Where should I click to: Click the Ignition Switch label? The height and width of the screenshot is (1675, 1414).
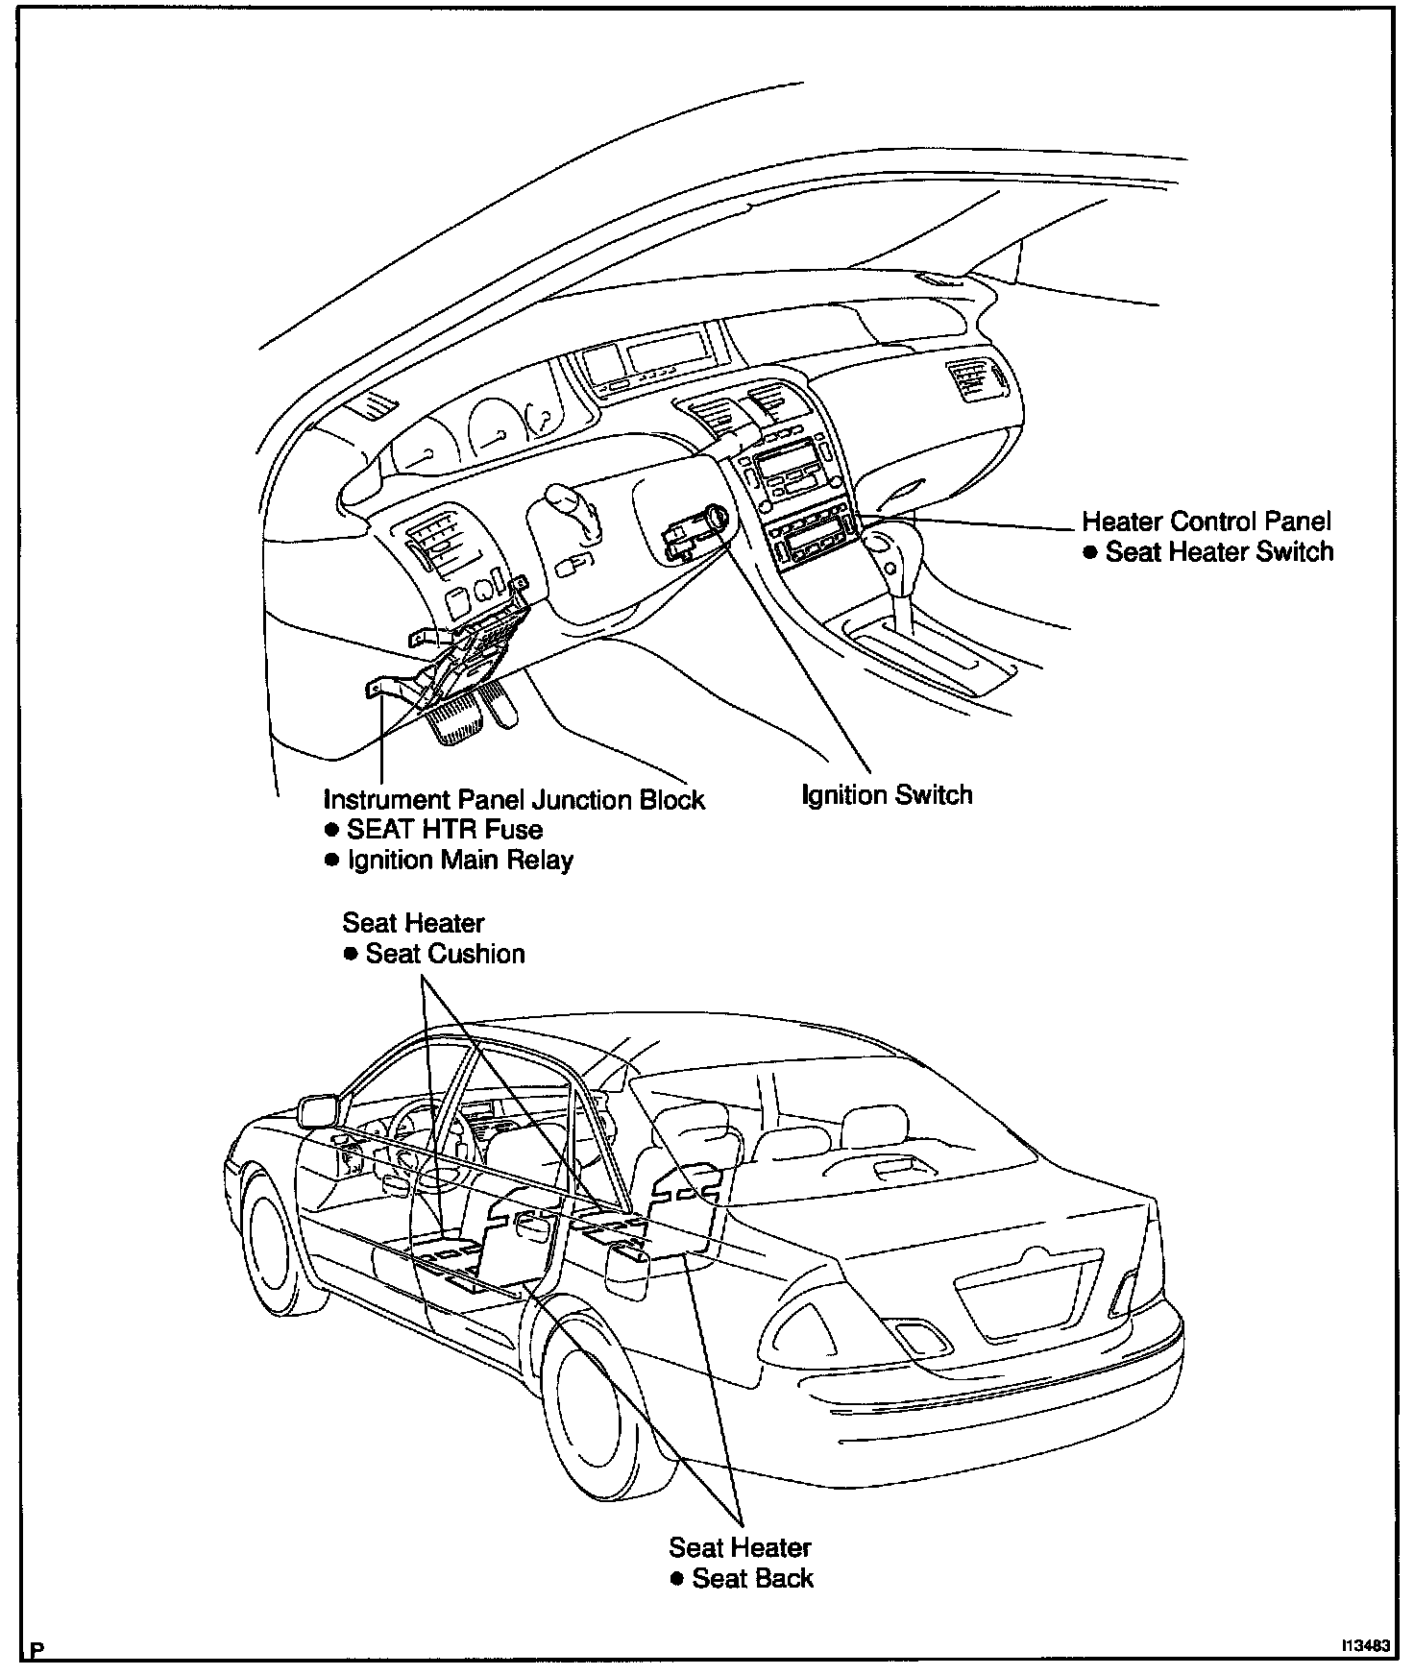point(887,795)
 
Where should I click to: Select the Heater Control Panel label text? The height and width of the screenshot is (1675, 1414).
point(1207,522)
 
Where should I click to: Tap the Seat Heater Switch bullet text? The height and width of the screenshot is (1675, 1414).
point(1219,552)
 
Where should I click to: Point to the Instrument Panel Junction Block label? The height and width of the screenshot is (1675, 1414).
point(514,800)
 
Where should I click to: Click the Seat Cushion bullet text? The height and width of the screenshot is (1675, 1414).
point(445,954)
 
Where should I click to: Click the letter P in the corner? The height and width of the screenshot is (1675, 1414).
point(37,1652)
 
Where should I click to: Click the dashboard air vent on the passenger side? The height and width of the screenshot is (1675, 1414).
point(972,377)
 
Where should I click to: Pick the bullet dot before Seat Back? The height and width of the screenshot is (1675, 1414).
point(677,1578)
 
